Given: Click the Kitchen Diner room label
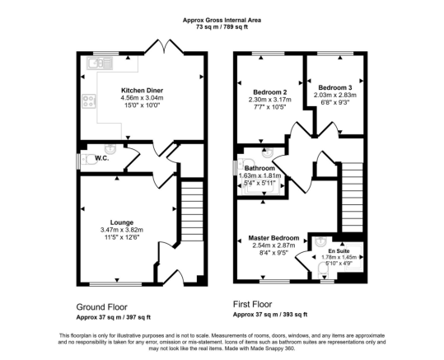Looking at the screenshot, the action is [x=143, y=91].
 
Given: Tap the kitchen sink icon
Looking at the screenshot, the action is [x=100, y=63].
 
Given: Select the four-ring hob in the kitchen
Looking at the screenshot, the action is [x=89, y=101].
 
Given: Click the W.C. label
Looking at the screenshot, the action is [x=102, y=158].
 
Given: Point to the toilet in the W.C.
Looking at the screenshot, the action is [x=88, y=159].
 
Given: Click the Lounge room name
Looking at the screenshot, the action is [x=122, y=222].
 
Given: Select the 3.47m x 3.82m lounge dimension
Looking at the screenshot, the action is [x=122, y=230].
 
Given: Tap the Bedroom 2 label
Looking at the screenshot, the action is [x=270, y=92].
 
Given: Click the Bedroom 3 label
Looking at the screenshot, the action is [x=335, y=88].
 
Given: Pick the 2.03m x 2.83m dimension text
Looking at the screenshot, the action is [x=335, y=95].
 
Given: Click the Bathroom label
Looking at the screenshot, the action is [x=259, y=169].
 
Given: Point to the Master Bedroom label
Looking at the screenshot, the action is [x=273, y=238].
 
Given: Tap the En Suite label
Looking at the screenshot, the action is [x=339, y=251].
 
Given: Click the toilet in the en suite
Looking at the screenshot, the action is [x=323, y=269].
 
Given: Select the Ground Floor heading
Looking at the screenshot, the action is [x=102, y=307].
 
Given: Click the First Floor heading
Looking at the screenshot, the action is [x=252, y=305].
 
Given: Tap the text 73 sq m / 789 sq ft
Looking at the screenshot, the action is [x=222, y=27].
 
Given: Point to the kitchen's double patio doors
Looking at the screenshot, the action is [x=164, y=47].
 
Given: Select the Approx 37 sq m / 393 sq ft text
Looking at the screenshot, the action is [x=270, y=315].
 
